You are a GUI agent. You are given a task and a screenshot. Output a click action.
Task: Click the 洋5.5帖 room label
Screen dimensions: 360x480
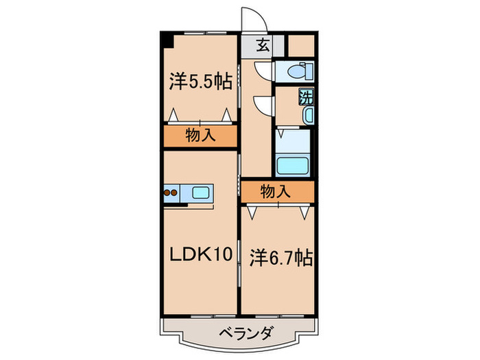pyautogui.click(x=199, y=82)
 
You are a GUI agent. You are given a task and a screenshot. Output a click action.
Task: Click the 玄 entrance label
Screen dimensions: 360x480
pyautogui.click(x=263, y=47)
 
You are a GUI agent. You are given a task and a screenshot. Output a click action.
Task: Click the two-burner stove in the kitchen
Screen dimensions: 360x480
pyautogui.click(x=171, y=193)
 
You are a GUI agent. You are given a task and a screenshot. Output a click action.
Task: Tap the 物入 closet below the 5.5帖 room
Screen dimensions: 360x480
pyautogui.click(x=200, y=136)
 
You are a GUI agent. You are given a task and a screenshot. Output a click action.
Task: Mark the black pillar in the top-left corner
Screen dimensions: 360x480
pyautogui.click(x=167, y=38)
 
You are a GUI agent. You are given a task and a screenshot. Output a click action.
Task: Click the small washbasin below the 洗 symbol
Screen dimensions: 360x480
pyautogui.click(x=308, y=115)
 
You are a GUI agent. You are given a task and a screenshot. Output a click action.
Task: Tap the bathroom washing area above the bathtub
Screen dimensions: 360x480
pyautogui.click(x=294, y=141)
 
